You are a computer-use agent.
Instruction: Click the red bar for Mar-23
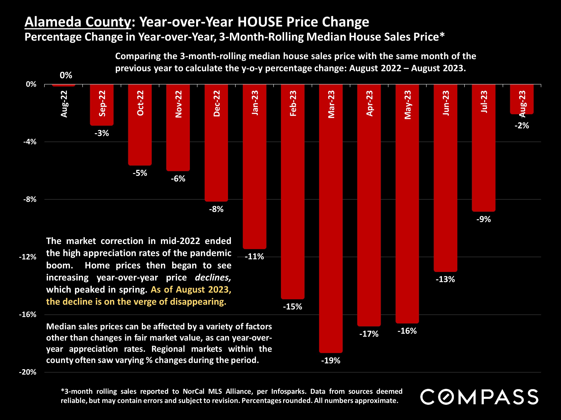coord(331,228)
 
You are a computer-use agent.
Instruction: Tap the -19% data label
coord(331,360)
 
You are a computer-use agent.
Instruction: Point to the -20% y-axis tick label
coord(28,372)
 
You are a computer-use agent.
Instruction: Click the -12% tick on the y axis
coord(28,257)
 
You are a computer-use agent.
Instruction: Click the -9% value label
coord(484,219)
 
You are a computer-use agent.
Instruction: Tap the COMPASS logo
coord(479,397)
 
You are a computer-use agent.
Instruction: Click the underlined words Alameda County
coord(78,22)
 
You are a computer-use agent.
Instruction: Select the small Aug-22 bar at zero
coord(64,85)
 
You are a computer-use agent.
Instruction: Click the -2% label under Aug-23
coord(522,126)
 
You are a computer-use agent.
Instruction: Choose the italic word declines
coord(213,278)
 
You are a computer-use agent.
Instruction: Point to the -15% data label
coord(292,307)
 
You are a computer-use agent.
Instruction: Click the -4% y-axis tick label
coord(30,142)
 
